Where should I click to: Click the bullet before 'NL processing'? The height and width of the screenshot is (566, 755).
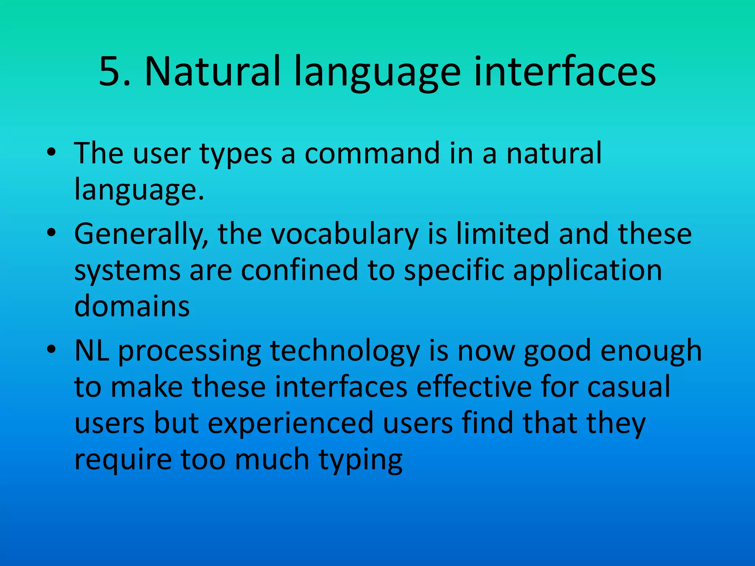tap(51, 349)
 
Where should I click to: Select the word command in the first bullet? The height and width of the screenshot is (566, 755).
tap(372, 153)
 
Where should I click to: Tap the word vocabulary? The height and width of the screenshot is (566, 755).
tap(345, 234)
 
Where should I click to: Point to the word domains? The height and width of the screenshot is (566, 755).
tap(132, 306)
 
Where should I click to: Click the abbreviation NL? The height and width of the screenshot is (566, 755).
tap(92, 350)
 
